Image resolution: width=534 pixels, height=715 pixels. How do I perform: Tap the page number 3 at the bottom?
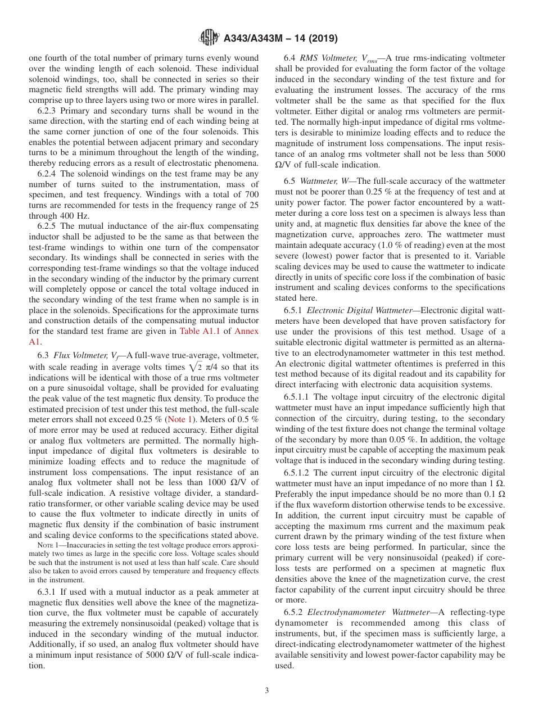coord(267,691)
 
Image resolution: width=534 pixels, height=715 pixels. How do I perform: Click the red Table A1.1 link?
coord(201,331)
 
